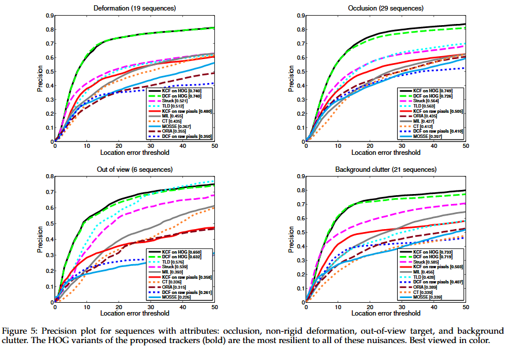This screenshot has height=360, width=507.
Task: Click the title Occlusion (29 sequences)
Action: pyautogui.click(x=386, y=8)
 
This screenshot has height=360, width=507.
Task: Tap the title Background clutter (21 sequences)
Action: pyautogui.click(x=386, y=169)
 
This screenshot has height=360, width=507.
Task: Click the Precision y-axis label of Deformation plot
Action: pyautogui.click(x=40, y=78)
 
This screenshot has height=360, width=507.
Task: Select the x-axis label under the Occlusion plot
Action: pyautogui.click(x=386, y=152)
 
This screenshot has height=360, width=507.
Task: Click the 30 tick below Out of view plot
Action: pyautogui.click(x=151, y=307)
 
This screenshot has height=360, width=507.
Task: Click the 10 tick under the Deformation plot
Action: pyautogui.click(x=86, y=145)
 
